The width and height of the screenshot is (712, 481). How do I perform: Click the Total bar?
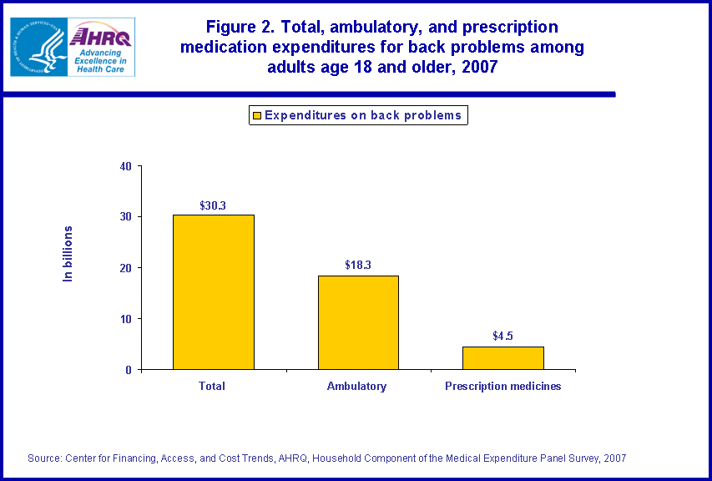tap(213, 292)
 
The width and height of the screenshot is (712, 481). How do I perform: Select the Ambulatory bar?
tap(358, 322)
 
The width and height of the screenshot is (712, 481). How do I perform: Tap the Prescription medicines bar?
tap(502, 357)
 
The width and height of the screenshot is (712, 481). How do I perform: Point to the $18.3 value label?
tap(358, 266)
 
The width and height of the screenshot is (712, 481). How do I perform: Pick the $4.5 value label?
tap(502, 337)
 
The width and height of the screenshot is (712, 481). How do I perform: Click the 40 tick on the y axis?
tap(126, 166)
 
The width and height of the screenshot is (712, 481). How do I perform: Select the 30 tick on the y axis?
tap(126, 217)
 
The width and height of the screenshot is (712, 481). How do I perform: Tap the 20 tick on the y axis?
tap(126, 268)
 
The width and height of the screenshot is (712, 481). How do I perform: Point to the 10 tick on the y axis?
tap(126, 319)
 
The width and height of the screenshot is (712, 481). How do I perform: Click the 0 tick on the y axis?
tap(129, 370)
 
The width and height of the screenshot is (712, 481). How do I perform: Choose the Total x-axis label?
tap(212, 387)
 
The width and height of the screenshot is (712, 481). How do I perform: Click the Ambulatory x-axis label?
tap(357, 387)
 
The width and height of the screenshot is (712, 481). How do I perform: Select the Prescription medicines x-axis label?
tap(502, 387)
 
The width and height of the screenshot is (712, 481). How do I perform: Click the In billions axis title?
tap(69, 253)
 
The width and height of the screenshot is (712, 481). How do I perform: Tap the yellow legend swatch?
tap(257, 115)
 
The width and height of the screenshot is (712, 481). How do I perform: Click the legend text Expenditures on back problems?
tap(362, 115)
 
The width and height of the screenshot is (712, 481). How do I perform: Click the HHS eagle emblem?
tap(38, 47)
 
